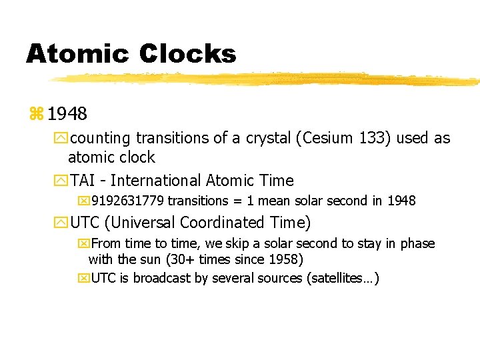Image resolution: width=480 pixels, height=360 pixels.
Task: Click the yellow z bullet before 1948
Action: pyautogui.click(x=35, y=114)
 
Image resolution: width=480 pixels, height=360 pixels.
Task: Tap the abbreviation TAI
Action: pyautogui.click(x=84, y=181)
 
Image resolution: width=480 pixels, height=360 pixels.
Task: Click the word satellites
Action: pyautogui.click(x=341, y=278)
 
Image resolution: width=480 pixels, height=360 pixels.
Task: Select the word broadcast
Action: pyautogui.click(x=162, y=278)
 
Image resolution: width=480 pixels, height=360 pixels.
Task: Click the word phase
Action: pyautogui.click(x=417, y=243)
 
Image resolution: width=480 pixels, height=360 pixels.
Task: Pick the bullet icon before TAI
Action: pyautogui.click(x=61, y=181)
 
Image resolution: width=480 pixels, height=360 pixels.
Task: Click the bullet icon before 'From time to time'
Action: pyautogui.click(x=83, y=243)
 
